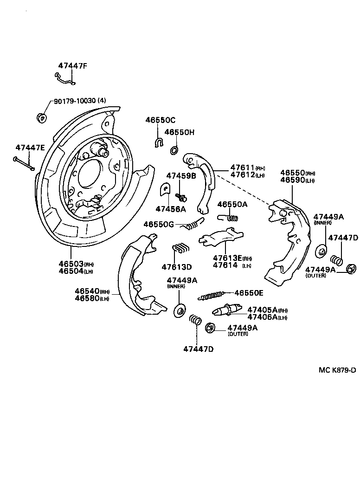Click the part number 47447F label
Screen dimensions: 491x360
72,66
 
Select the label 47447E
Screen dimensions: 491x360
30,148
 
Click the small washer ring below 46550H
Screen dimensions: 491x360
174,150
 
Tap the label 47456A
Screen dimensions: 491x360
170,209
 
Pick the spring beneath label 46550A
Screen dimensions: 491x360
228,217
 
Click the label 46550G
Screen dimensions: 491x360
158,224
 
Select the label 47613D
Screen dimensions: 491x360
176,267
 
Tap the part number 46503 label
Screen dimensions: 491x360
71,264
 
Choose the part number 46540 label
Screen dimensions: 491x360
87,291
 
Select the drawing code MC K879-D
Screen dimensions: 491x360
337,370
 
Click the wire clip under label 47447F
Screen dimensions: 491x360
64,80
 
